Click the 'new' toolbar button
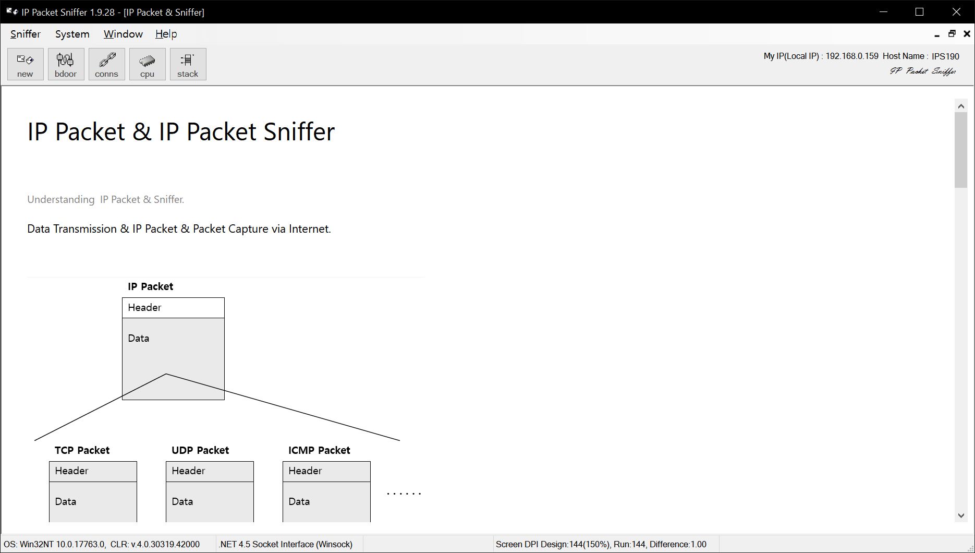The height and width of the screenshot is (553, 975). pos(25,64)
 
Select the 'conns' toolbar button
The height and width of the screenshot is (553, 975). pos(106,64)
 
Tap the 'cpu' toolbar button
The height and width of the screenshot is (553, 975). pos(147,64)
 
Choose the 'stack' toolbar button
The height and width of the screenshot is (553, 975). pos(188,64)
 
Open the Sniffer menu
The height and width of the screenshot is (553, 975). pos(26,34)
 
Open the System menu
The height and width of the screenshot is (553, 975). pos(72,34)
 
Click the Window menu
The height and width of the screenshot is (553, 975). pos(123,34)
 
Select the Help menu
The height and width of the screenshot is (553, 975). pos(166,34)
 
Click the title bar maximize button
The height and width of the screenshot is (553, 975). pos(919,12)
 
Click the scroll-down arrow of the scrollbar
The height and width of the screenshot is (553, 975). pos(961,515)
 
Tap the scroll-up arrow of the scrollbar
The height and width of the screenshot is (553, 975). pos(961,106)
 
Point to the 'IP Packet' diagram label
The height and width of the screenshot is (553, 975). pos(150,286)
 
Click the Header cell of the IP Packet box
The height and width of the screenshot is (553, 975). pos(173,308)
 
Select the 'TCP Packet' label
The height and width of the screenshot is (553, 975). pos(82,450)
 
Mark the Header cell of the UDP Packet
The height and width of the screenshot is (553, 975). pos(210,471)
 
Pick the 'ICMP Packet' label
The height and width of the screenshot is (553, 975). pos(319,450)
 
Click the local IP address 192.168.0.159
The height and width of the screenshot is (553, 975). pos(851,56)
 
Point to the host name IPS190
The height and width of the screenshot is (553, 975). pos(945,56)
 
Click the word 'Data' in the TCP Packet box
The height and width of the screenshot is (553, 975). pos(66,501)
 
